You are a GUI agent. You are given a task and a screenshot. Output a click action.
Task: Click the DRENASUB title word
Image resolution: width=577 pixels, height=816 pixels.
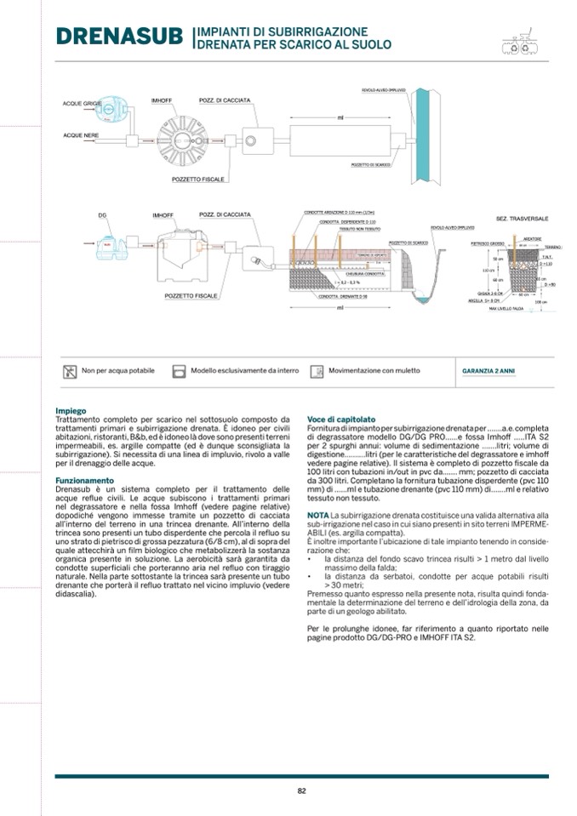coord(120,38)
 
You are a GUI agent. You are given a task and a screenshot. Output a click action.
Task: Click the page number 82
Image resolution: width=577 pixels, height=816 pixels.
coord(301,790)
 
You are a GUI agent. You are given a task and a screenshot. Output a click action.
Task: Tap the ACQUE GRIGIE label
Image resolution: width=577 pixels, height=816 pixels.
coord(82,104)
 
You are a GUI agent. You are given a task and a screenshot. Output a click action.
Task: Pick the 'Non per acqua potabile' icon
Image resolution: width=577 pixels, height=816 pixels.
coord(70,372)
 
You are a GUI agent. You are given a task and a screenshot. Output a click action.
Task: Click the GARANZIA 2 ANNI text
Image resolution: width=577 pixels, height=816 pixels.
coord(488,372)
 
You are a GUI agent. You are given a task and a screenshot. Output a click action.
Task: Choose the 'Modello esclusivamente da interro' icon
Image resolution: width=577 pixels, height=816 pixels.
coord(179,372)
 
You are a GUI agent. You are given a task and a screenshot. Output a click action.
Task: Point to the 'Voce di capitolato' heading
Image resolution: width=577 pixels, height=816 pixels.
coord(341,419)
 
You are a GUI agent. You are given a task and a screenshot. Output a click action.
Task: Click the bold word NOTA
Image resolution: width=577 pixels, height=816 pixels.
coord(317,516)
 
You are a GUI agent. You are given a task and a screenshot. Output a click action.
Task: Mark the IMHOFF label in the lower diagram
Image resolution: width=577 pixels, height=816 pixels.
coord(163,215)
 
